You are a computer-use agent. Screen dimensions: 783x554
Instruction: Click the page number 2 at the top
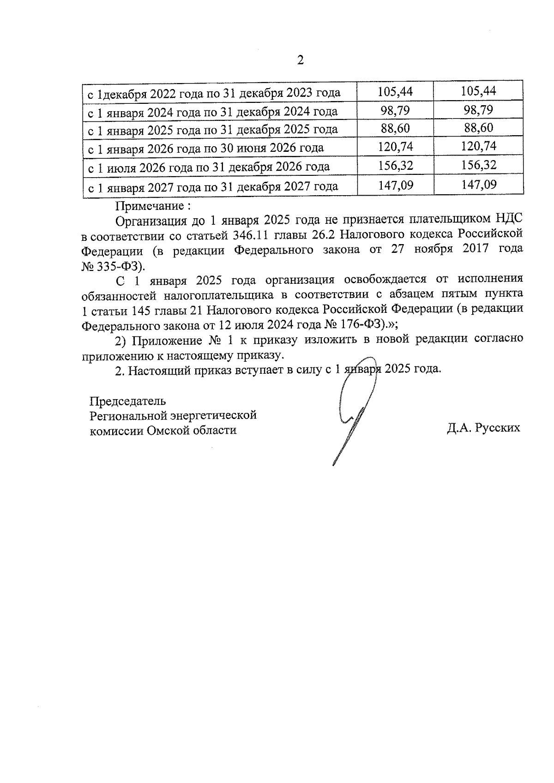(300, 60)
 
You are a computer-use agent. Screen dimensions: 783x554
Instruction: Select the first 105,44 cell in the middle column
(395, 91)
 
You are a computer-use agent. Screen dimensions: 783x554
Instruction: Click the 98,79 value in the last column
(478, 110)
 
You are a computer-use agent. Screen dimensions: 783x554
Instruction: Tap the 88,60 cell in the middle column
(395, 128)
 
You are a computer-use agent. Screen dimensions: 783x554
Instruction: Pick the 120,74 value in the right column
(478, 146)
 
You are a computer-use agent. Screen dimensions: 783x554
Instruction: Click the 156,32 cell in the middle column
(395, 165)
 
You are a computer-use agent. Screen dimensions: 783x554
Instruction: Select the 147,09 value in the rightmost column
(478, 185)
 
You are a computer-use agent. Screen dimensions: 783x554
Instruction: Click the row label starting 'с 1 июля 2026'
(209, 167)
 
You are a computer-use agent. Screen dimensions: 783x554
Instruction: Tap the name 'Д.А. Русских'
(483, 428)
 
